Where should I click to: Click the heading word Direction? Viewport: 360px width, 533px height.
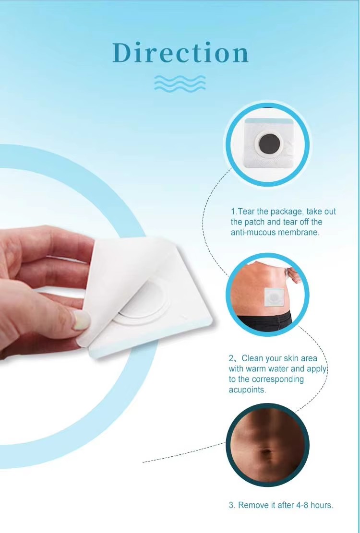tap(180, 53)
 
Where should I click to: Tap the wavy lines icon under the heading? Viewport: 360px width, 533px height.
tap(180, 83)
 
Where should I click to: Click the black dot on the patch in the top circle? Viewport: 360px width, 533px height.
tap(266, 143)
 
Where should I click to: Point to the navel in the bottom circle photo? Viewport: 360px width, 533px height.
tap(265, 452)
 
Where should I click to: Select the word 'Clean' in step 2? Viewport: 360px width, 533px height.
tap(252, 358)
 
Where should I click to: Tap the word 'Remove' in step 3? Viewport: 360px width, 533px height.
tap(251, 505)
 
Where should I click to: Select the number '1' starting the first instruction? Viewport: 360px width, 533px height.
tap(233, 212)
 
